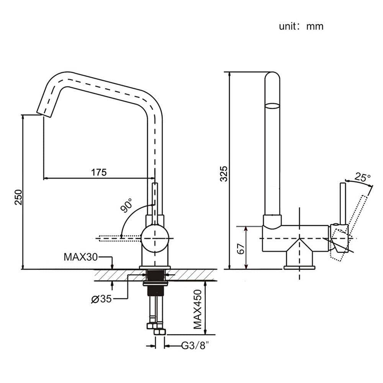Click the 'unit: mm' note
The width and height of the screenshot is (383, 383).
(x=301, y=26)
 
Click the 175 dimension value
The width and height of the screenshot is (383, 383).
(x=98, y=172)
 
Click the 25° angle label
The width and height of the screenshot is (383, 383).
(x=362, y=177)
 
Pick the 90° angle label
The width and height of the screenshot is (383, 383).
(x=127, y=205)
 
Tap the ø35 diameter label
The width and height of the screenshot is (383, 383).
(x=101, y=299)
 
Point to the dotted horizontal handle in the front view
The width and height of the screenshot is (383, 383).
(x=119, y=238)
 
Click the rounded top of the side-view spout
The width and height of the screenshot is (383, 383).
(x=272, y=77)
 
